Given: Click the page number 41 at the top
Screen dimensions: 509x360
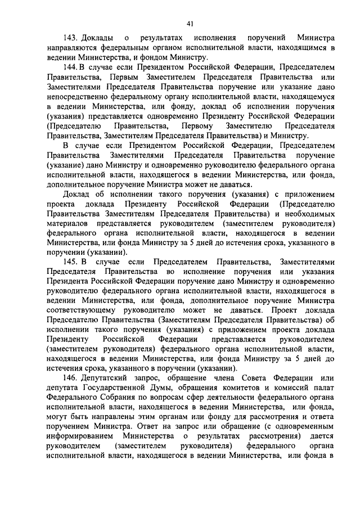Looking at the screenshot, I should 190,23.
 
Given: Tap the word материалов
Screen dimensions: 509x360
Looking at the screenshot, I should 69,222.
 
